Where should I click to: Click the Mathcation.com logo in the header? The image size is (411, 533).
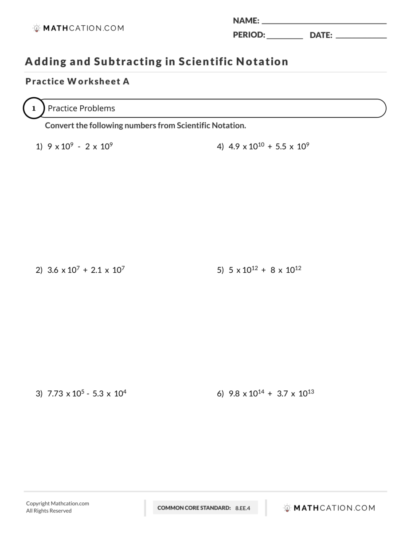click(78, 28)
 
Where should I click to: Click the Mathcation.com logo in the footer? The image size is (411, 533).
click(329, 508)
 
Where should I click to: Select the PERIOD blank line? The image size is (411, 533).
click(285, 36)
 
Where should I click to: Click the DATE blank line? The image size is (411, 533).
click(361, 36)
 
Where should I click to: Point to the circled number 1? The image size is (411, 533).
click(34, 108)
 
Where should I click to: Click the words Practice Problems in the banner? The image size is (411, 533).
click(81, 108)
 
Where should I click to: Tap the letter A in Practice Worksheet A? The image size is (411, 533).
click(126, 82)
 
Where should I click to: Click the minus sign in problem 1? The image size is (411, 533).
click(79, 147)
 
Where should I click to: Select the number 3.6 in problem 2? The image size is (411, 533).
click(53, 270)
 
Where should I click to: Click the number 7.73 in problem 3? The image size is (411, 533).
click(55, 394)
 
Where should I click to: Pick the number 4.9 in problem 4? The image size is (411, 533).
click(234, 147)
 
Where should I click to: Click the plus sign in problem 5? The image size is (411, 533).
click(264, 270)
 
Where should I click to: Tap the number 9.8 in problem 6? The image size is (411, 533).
click(234, 394)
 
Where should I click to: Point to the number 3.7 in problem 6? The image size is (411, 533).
click(282, 394)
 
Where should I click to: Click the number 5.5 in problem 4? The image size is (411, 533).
click(281, 147)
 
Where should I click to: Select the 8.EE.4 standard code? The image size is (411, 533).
click(243, 508)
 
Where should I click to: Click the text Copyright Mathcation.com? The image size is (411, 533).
click(58, 503)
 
